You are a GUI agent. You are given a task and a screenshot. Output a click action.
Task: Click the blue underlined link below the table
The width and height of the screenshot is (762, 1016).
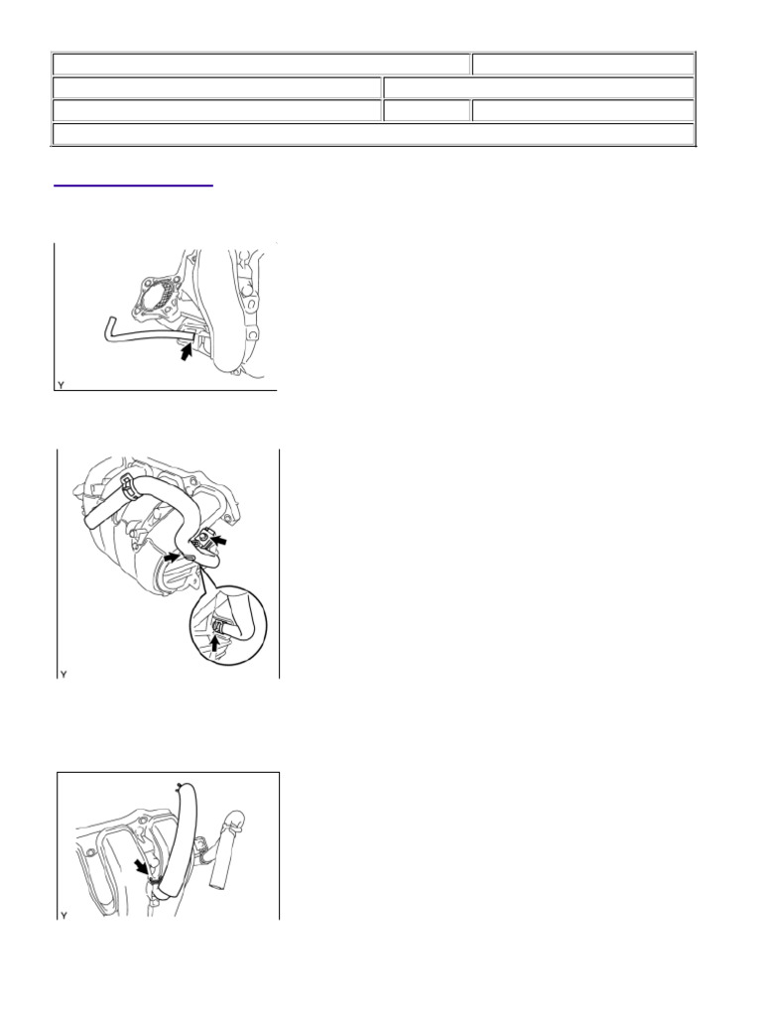click(133, 186)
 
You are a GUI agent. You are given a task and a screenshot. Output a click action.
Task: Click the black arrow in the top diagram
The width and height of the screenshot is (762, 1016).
click(188, 352)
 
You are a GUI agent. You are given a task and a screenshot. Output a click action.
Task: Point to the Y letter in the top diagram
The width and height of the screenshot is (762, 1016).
click(61, 385)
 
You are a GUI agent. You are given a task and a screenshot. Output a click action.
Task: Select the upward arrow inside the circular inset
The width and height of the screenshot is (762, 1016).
click(215, 642)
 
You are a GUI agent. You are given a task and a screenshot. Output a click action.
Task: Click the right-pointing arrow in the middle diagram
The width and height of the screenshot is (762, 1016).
click(171, 556)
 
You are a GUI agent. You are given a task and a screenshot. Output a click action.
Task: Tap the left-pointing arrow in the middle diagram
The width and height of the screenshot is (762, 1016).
click(221, 539)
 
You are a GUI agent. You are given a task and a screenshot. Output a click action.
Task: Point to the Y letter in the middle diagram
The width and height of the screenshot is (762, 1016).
click(63, 675)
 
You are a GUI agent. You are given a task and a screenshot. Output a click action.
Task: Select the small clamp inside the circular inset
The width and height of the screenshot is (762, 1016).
click(219, 625)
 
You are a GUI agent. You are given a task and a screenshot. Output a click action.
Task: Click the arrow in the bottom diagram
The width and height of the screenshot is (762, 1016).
click(141, 867)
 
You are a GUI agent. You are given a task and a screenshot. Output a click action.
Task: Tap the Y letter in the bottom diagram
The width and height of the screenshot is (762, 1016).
click(63, 915)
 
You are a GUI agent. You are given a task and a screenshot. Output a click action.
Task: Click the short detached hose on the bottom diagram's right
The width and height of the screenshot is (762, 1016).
click(227, 848)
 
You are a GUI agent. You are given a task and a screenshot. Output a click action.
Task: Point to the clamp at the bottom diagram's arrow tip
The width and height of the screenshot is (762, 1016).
click(154, 882)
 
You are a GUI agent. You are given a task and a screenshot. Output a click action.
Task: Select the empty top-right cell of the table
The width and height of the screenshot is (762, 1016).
click(583, 64)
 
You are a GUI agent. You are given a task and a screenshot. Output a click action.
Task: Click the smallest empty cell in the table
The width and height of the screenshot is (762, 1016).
click(427, 111)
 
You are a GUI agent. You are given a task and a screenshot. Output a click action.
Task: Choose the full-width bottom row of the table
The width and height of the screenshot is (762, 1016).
click(373, 134)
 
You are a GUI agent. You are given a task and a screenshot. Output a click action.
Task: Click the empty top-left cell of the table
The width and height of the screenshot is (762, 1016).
click(261, 64)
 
